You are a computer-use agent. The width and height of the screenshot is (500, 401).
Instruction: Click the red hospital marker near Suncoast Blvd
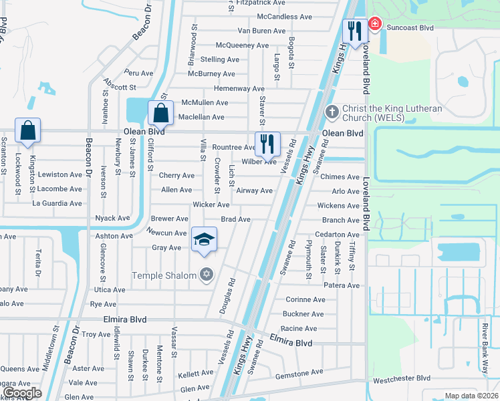(374, 25)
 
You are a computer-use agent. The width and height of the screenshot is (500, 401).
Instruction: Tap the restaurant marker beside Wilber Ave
(267, 143)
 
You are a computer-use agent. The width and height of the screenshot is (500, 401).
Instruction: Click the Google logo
(22, 393)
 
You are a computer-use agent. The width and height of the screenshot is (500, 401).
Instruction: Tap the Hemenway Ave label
(239, 88)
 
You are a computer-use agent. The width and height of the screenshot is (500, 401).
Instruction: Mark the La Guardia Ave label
(57, 203)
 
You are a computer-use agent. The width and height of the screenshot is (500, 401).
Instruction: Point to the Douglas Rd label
(227, 297)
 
